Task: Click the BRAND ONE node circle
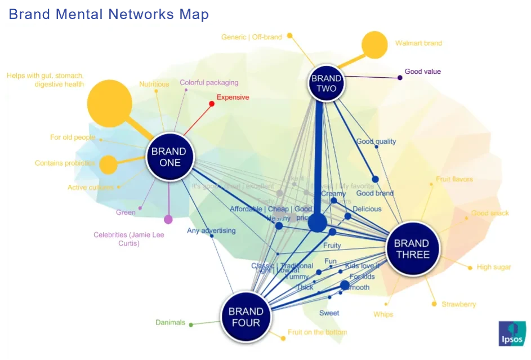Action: (x=169, y=157)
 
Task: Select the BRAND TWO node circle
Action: (x=326, y=83)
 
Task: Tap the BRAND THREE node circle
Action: (x=411, y=248)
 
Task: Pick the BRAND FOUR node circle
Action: (x=246, y=317)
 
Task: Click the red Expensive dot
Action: (x=212, y=104)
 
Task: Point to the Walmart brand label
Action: (x=418, y=43)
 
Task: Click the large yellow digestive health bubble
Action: (x=110, y=104)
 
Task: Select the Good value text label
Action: (x=422, y=72)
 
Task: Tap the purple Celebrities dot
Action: (x=168, y=220)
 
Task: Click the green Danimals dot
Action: (x=191, y=325)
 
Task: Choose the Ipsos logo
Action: (x=511, y=334)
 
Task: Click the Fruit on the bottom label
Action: (x=317, y=332)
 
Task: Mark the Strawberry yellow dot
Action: (x=434, y=304)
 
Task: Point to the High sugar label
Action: (x=494, y=267)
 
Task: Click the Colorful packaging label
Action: (x=209, y=83)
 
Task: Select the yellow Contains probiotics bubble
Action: (x=108, y=165)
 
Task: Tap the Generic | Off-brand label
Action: (x=251, y=37)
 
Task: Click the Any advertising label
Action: (x=211, y=230)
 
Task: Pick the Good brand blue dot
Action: (x=375, y=179)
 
